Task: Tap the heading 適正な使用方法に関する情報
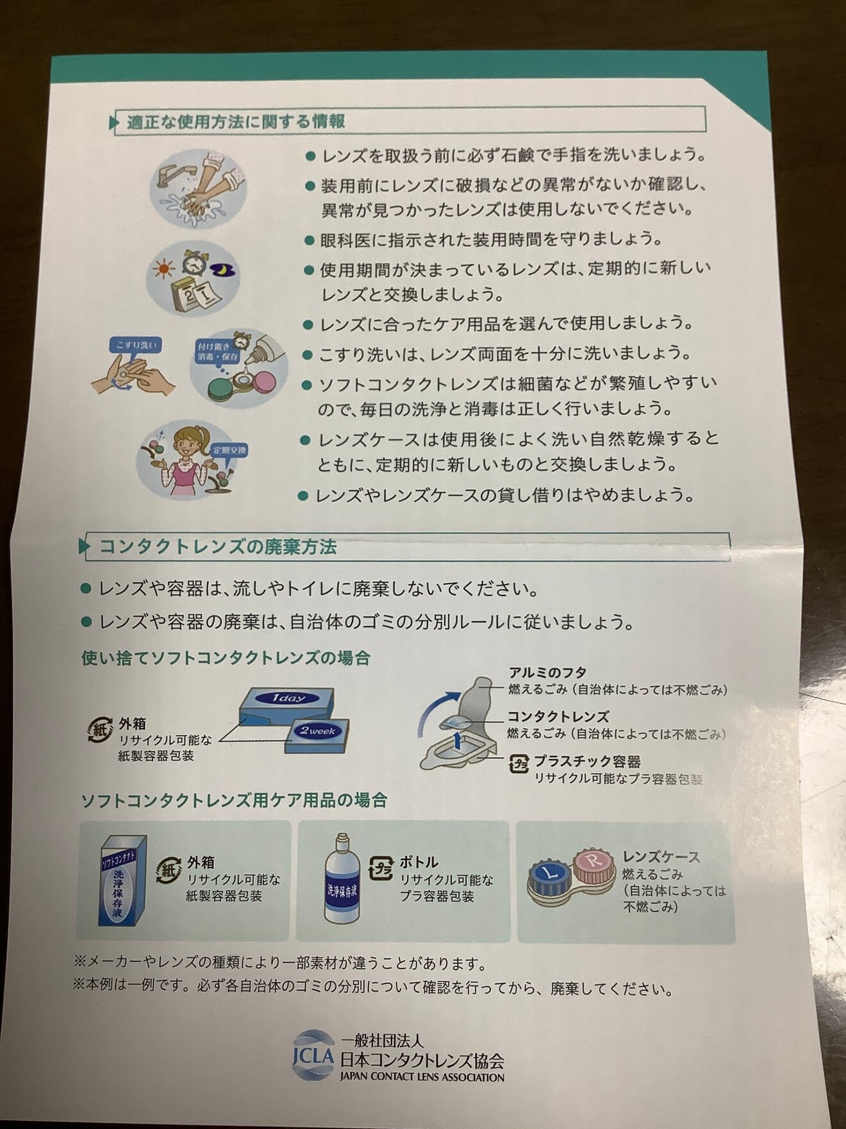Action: pos(236,122)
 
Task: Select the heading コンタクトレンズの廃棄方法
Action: pos(218,547)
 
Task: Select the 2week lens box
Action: pos(318,737)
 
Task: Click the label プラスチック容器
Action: pos(587,762)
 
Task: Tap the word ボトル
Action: pos(419,862)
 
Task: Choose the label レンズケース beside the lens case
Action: pos(661,857)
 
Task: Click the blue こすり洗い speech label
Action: pos(135,346)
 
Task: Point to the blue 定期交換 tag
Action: pos(229,450)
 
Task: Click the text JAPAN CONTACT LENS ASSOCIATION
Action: pos(422,1078)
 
